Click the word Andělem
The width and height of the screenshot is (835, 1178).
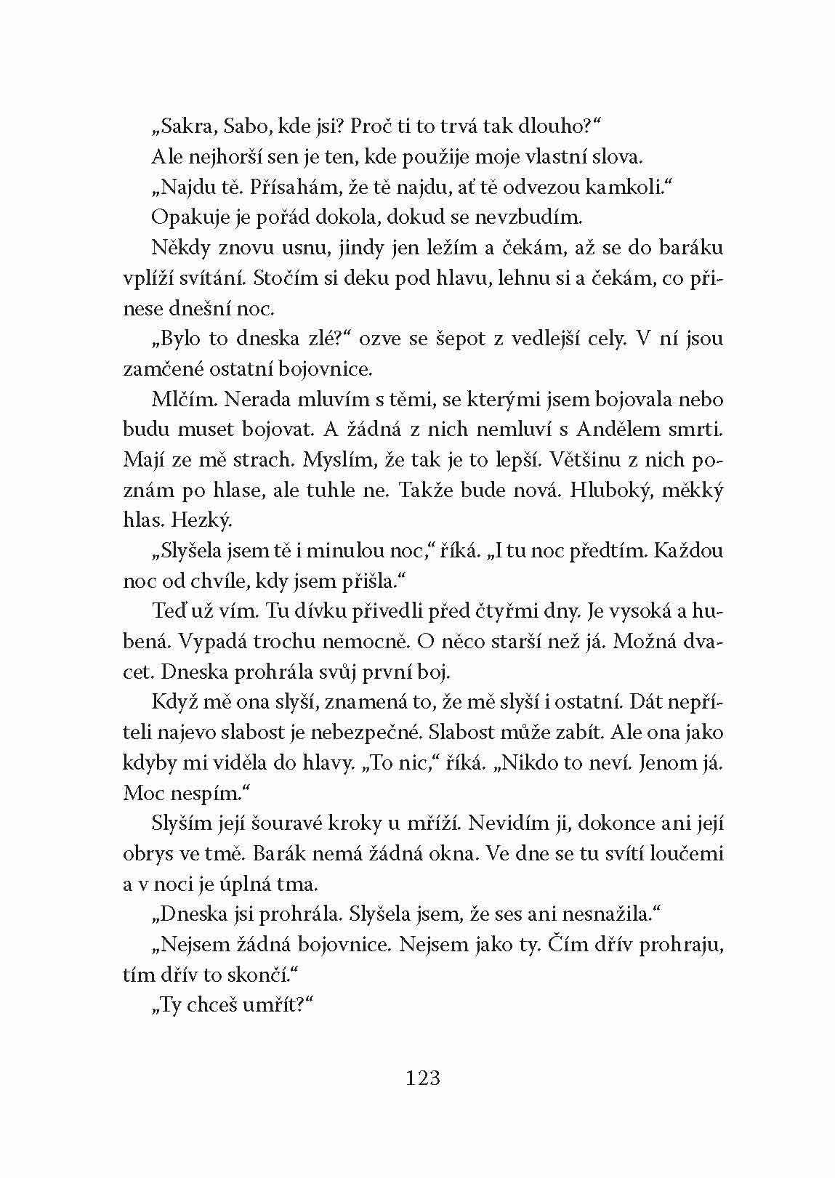click(x=618, y=429)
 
